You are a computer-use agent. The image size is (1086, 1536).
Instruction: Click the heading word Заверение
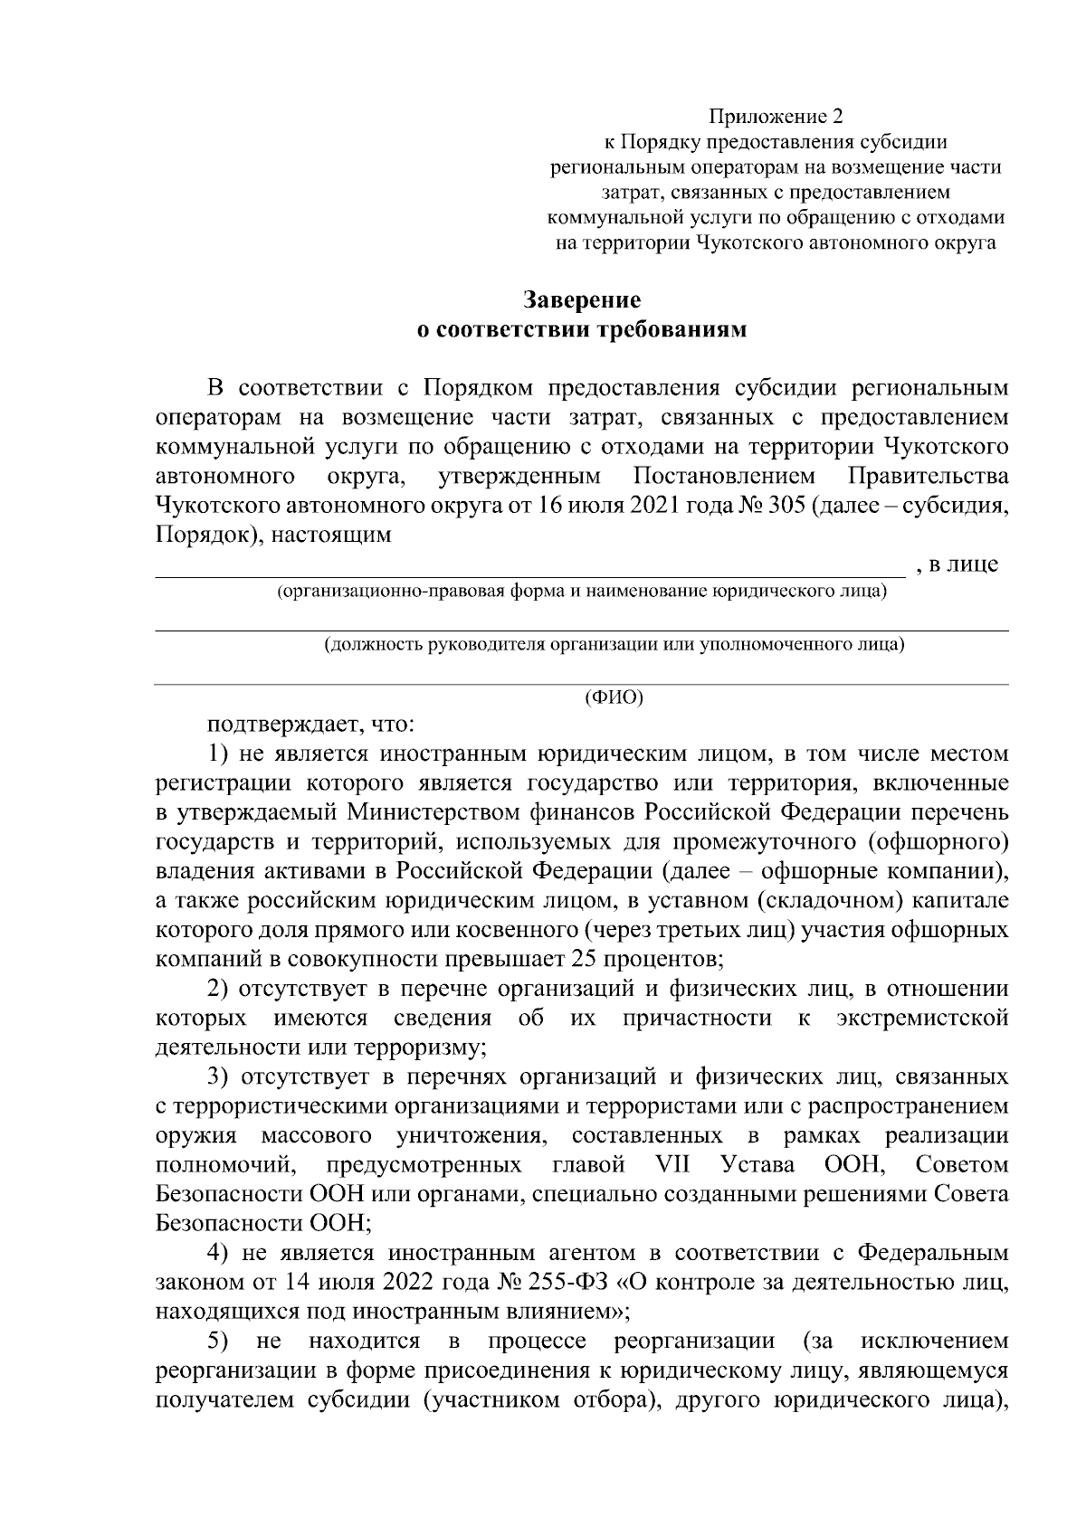tap(582, 300)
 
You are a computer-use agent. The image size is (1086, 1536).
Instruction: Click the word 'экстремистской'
tap(923, 1019)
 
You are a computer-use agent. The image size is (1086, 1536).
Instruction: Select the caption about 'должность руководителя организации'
tap(614, 645)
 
